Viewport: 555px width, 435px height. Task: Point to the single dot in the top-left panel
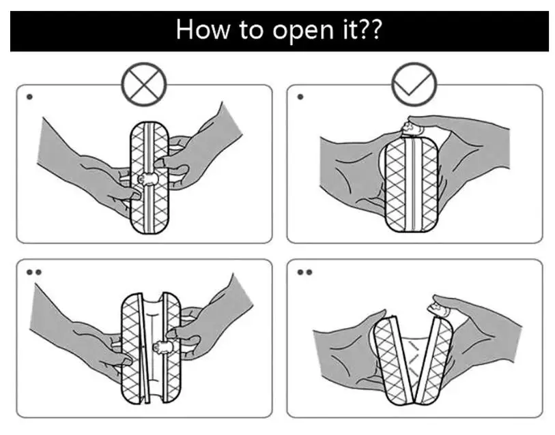(x=29, y=97)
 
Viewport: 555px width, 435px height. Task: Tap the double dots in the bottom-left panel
(x=33, y=272)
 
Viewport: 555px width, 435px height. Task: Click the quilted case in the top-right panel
(x=410, y=184)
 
